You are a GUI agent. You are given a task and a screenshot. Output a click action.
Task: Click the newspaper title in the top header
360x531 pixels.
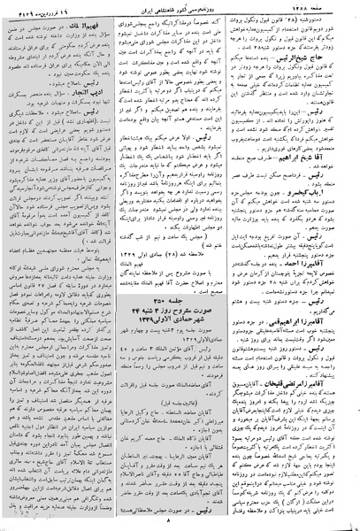tap(182, 8)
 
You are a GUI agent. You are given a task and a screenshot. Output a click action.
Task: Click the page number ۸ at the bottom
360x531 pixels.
tap(180, 523)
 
